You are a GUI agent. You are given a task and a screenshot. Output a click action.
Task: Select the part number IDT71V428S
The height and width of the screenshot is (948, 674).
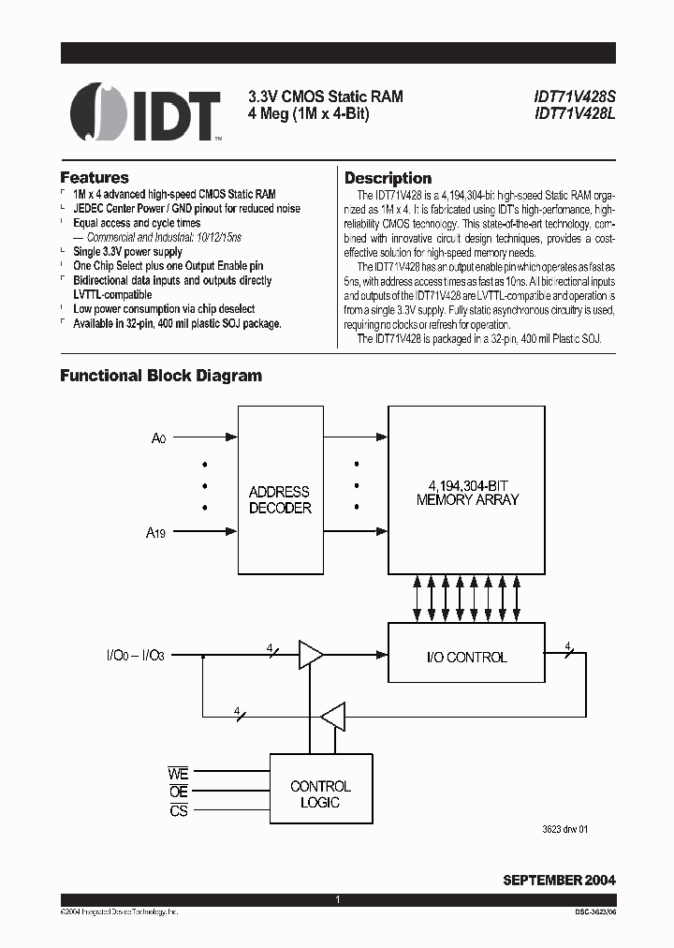click(x=574, y=97)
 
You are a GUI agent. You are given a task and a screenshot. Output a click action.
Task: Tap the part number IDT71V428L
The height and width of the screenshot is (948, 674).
click(x=574, y=114)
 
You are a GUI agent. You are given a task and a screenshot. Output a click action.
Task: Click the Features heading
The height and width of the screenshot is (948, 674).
click(x=95, y=177)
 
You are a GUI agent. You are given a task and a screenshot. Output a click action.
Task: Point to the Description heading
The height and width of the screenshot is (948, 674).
click(x=388, y=178)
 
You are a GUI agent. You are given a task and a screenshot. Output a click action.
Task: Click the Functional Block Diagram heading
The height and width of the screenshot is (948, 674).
click(x=161, y=376)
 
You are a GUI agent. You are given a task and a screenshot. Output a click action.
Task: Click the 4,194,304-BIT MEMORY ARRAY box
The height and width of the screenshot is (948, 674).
click(x=467, y=490)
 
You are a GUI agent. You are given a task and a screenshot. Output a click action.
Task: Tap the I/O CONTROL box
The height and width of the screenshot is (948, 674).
click(x=466, y=657)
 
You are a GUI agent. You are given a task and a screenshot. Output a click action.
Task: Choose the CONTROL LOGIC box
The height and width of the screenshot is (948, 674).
click(x=320, y=794)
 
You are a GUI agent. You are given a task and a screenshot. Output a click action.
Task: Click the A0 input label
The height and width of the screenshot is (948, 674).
click(x=159, y=437)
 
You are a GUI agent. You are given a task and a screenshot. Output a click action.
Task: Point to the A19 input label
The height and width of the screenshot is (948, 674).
click(x=155, y=533)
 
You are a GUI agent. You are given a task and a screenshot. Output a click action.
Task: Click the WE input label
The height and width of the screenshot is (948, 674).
click(x=178, y=775)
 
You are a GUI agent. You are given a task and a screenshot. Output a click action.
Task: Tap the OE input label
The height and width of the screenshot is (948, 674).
click(x=178, y=792)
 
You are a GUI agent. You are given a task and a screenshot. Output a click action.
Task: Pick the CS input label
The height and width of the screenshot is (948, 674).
click(x=178, y=811)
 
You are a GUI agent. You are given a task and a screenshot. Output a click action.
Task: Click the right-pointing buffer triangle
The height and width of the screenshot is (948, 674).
click(x=310, y=656)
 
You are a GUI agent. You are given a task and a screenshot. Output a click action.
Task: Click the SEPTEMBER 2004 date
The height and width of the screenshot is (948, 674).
click(x=559, y=880)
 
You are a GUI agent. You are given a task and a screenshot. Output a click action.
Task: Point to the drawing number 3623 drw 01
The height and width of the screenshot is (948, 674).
click(x=564, y=829)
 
